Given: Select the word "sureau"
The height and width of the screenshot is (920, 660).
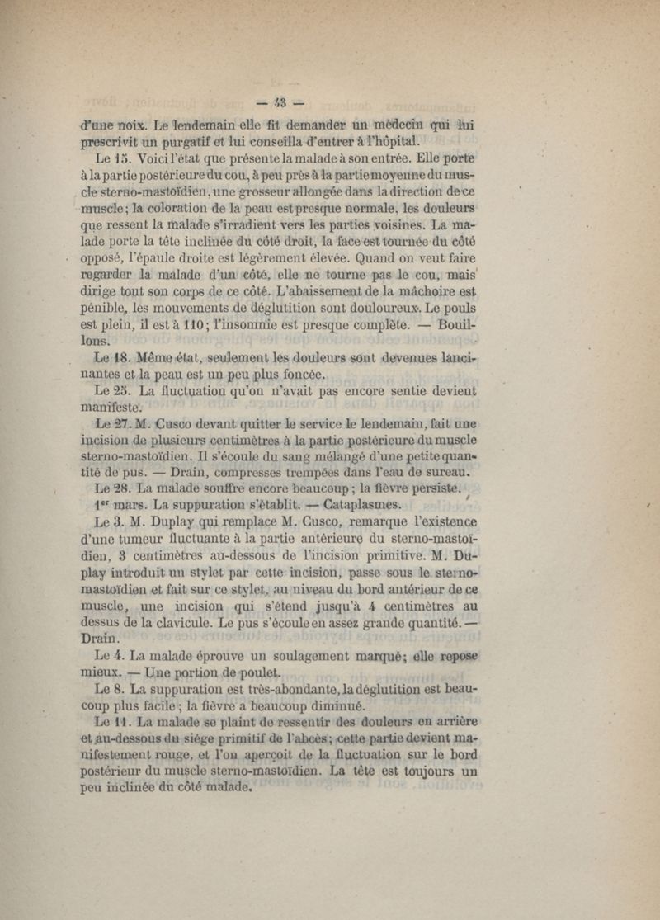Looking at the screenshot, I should (x=446, y=473).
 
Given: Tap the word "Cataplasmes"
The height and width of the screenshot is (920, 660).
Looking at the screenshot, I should (x=363, y=505).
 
